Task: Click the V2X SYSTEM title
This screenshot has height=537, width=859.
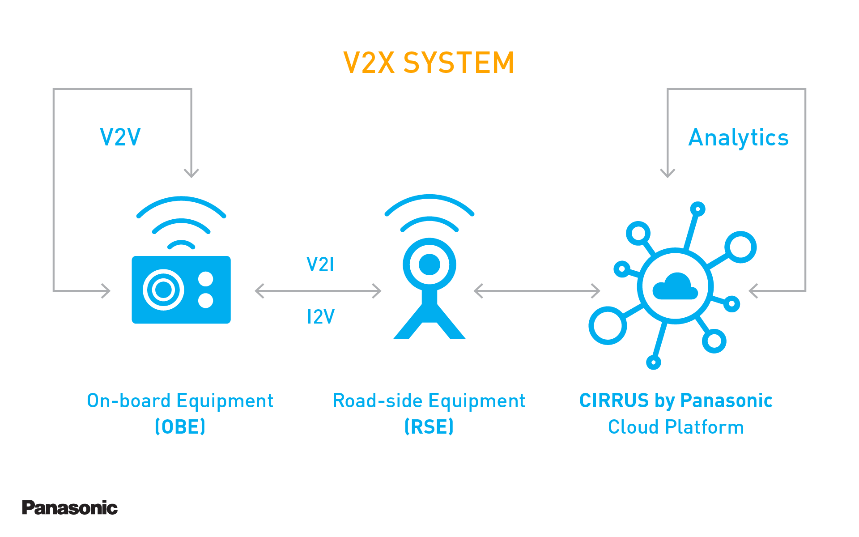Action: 429,63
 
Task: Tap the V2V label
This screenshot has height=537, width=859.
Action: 120,137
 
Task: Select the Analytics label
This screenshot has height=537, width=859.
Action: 738,137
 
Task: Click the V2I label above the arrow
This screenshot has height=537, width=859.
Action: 320,264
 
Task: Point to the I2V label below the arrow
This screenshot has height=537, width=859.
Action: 320,317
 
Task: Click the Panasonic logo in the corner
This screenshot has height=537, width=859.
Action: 70,507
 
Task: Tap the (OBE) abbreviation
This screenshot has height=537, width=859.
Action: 180,426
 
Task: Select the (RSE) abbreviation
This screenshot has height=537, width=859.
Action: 429,426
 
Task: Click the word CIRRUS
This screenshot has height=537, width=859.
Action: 614,401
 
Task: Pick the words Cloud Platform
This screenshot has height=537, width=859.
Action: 676,427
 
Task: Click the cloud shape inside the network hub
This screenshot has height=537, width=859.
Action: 675,287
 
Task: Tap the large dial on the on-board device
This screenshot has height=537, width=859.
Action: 163,290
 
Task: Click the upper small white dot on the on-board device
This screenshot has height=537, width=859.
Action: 206,279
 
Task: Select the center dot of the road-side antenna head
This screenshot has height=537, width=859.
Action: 429,264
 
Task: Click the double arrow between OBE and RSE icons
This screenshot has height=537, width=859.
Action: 318,291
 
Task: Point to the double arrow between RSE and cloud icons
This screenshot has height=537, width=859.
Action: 537,291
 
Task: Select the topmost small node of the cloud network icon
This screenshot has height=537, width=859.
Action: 697,209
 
